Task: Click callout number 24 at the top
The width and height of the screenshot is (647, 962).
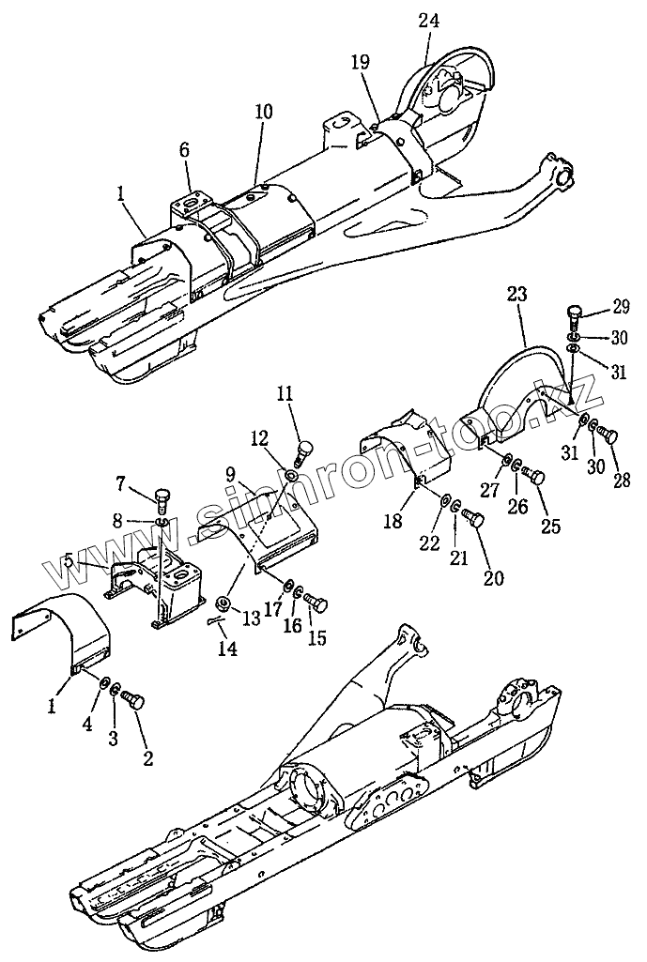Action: pos(428,20)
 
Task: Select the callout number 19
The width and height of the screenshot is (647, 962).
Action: pos(361,63)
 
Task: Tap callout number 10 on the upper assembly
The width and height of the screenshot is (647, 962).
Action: pos(263,112)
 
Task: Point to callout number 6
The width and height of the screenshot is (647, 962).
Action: pos(184,150)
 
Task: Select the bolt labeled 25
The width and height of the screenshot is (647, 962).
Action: pos(536,477)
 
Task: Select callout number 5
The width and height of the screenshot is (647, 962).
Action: pos(69,563)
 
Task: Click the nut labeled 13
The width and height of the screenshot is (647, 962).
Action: pos(223,602)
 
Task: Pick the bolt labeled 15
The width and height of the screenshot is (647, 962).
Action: pos(315,602)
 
